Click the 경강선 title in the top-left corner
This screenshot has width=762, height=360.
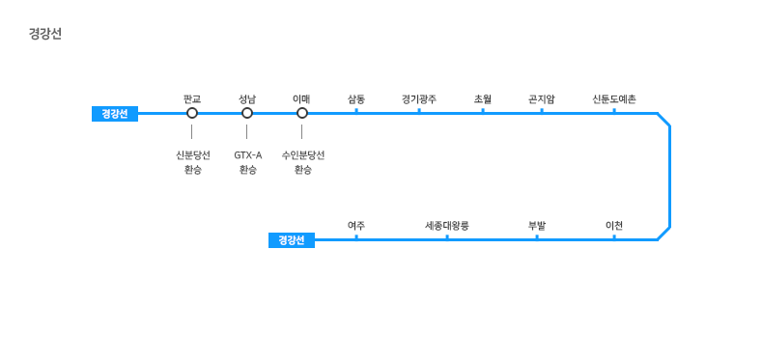click(x=45, y=34)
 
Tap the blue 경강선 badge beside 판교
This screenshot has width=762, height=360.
click(x=115, y=114)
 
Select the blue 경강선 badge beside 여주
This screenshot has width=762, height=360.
click(x=292, y=240)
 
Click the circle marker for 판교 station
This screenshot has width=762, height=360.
click(x=192, y=113)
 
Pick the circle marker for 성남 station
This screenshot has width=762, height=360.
click(x=247, y=113)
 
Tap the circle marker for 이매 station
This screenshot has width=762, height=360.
click(x=301, y=113)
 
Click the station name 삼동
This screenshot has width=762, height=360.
click(x=356, y=99)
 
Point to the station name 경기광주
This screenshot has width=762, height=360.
click(x=419, y=99)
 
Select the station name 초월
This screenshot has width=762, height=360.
click(x=483, y=99)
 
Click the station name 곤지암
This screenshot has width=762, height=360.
click(x=542, y=99)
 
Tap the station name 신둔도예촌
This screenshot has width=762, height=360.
click(x=614, y=99)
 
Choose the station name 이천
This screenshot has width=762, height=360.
click(x=614, y=226)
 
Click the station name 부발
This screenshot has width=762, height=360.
click(x=537, y=226)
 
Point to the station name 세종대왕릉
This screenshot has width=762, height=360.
click(x=447, y=226)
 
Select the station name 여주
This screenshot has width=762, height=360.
click(x=356, y=226)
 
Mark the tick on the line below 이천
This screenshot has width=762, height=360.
click(x=614, y=236)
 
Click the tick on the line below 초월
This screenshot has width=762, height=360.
click(x=483, y=110)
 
